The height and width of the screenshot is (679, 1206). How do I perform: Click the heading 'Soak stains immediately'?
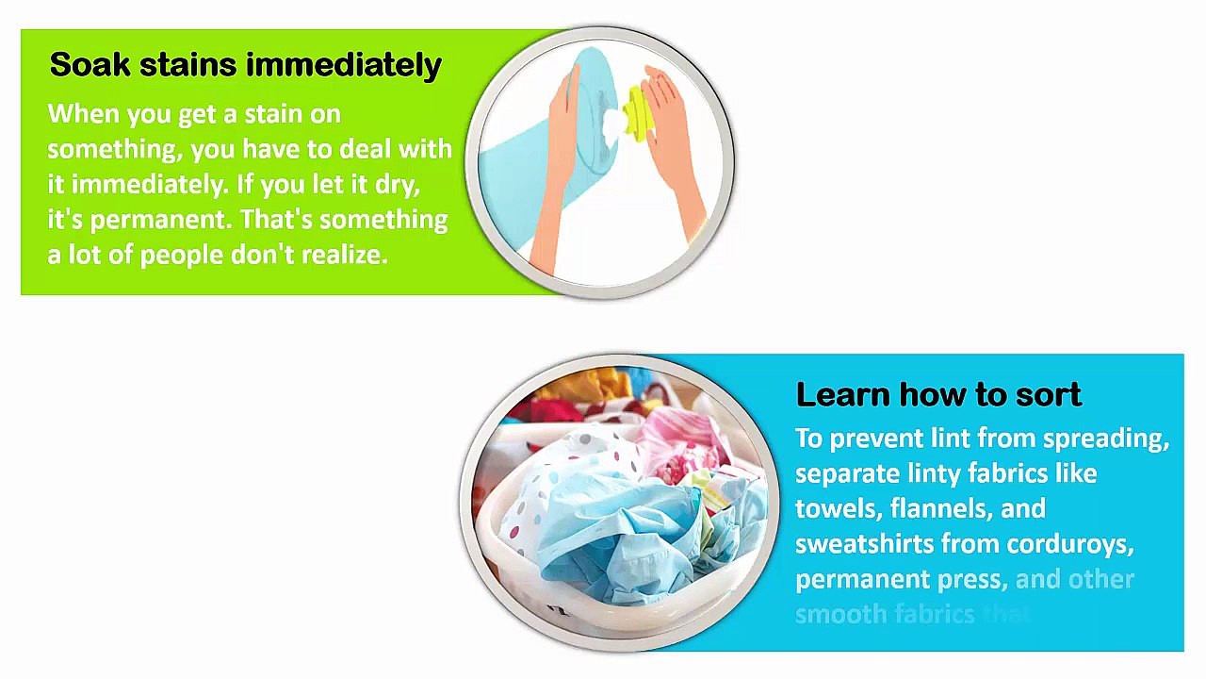[x=245, y=65]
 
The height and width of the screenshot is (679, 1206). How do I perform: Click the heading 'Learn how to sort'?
[x=937, y=394]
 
